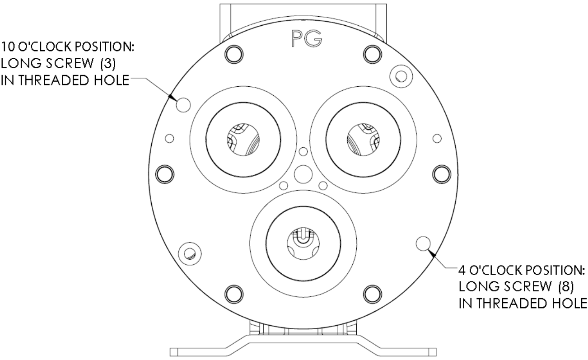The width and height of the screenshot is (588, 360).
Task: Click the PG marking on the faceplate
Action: (x=306, y=40)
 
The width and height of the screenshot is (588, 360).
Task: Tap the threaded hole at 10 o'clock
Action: (x=183, y=104)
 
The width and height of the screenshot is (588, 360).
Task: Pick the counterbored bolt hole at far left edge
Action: (x=164, y=173)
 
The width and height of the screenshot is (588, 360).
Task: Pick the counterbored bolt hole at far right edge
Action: (x=442, y=173)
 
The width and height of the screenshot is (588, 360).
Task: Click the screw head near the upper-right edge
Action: (x=399, y=74)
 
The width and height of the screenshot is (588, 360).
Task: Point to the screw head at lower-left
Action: (x=188, y=252)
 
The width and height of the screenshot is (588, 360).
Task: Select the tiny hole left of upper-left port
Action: (x=170, y=138)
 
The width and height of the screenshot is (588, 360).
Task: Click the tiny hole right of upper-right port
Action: (x=437, y=138)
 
